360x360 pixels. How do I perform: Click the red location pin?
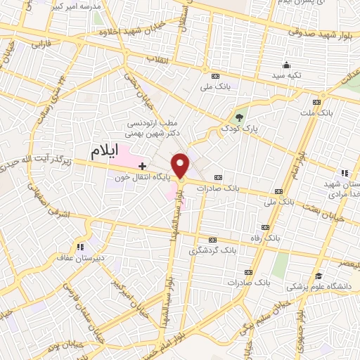(x=181, y=165)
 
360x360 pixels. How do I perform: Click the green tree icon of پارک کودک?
(x=240, y=117)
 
